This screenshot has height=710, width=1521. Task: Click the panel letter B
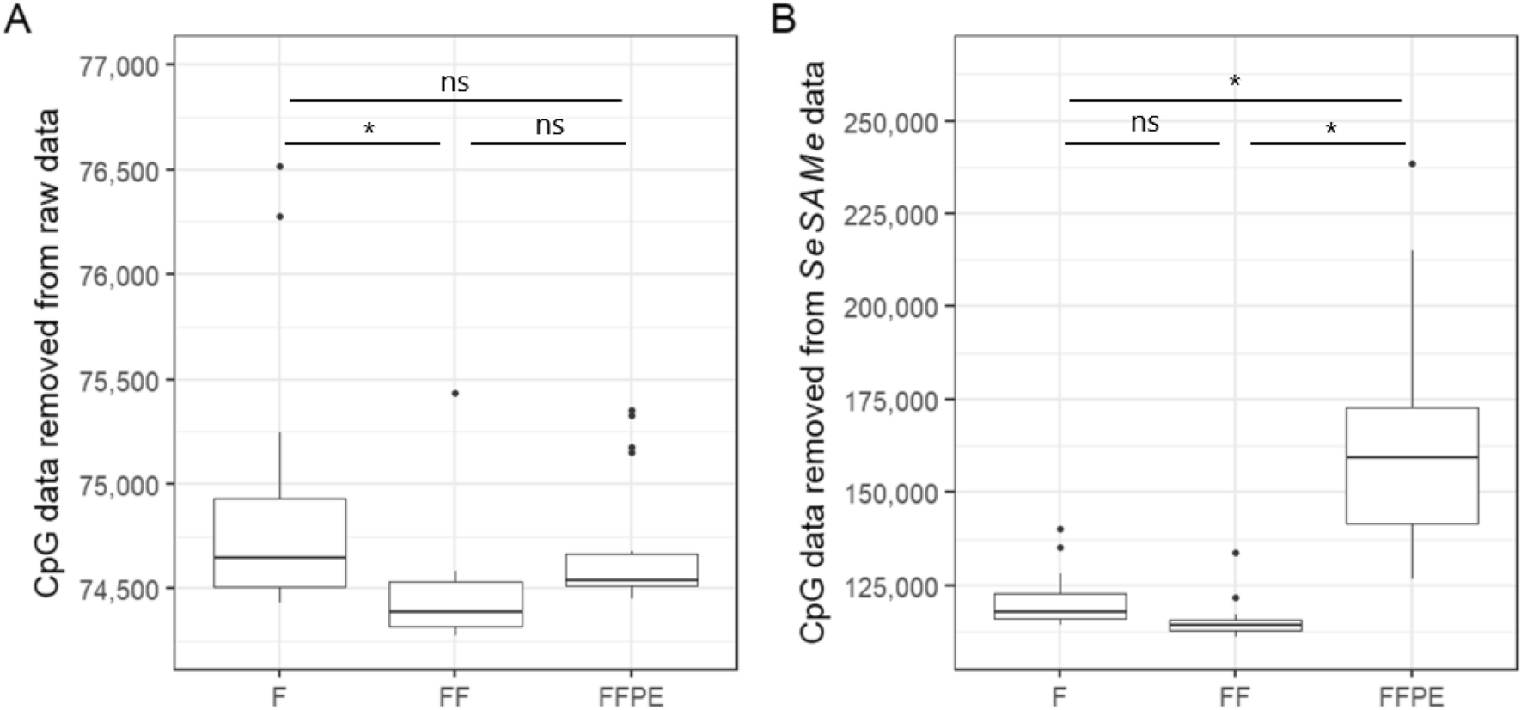click(x=783, y=19)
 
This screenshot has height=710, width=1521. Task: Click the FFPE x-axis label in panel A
click(x=631, y=696)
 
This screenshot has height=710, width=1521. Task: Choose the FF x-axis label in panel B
click(x=1235, y=696)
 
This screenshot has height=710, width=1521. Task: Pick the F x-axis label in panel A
click(x=279, y=696)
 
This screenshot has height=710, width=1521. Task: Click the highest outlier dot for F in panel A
click(x=280, y=167)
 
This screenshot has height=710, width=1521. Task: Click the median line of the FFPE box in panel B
click(x=1412, y=457)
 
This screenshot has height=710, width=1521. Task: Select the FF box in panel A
click(x=455, y=603)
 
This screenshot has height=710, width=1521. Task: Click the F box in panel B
click(x=1060, y=606)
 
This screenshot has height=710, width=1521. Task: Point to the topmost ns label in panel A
click(x=455, y=83)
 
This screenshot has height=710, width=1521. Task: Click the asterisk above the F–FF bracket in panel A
click(x=370, y=129)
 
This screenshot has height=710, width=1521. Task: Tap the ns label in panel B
click(x=1144, y=123)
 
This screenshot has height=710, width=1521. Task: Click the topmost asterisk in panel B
click(x=1235, y=82)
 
